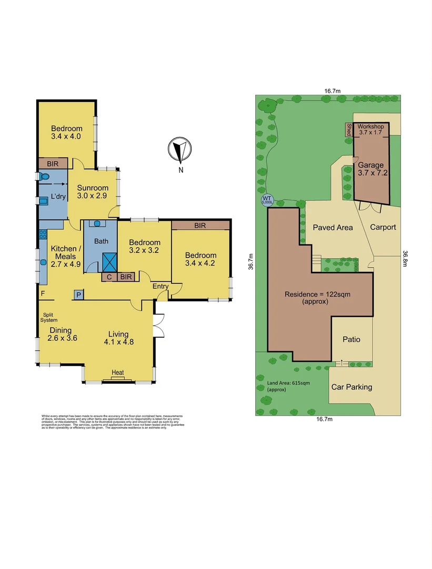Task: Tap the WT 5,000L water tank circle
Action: [x=267, y=200]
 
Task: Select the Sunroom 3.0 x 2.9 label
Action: [x=93, y=192]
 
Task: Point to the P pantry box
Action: [x=78, y=295]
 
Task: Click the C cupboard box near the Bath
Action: [x=109, y=276]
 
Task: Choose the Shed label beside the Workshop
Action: [x=348, y=129]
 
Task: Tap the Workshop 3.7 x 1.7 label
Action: [x=370, y=130]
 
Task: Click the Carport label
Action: [x=383, y=227]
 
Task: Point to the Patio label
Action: [x=351, y=339]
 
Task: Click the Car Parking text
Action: [x=351, y=387]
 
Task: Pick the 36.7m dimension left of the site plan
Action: [x=251, y=262]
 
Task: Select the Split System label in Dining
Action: [x=51, y=317]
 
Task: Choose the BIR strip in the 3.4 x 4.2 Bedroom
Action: [x=200, y=225]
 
